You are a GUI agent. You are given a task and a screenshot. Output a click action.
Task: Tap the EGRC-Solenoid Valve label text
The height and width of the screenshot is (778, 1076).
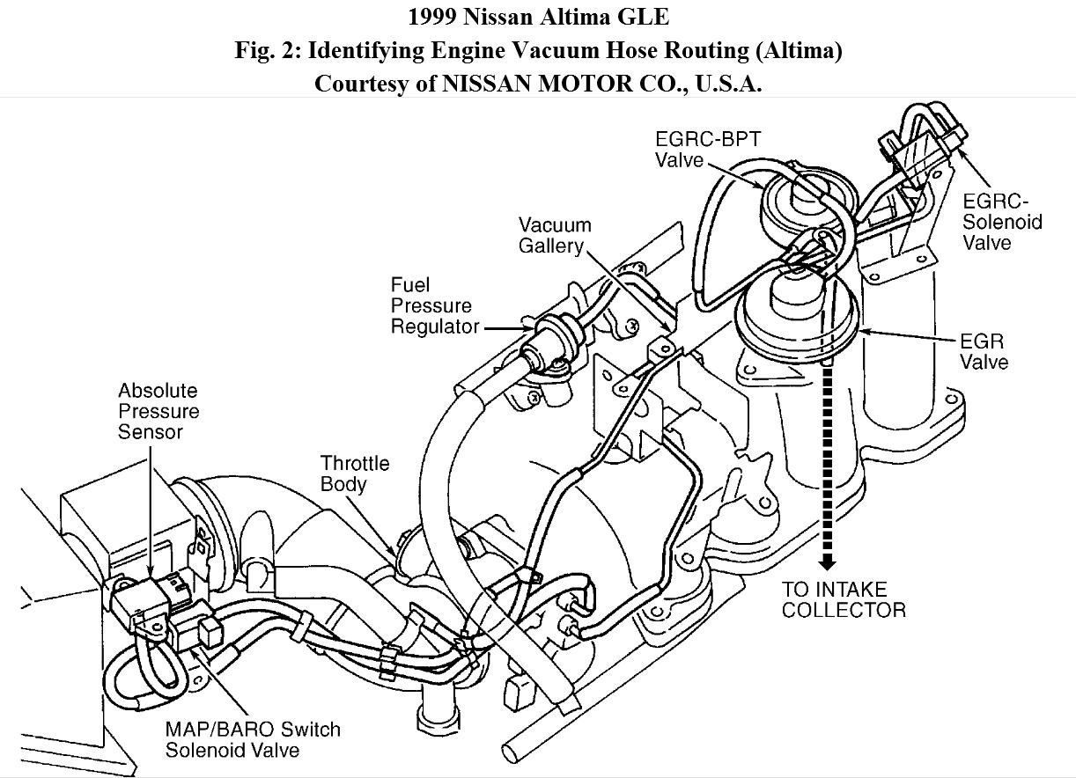(x=1001, y=221)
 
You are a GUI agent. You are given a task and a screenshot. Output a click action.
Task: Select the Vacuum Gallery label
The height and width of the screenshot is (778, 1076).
(x=554, y=235)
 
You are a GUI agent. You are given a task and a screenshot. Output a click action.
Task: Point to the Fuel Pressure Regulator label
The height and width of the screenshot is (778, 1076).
(x=434, y=306)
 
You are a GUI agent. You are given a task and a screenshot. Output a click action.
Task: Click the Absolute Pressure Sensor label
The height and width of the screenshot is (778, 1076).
(x=158, y=411)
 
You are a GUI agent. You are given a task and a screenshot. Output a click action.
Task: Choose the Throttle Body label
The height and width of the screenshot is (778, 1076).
(x=354, y=473)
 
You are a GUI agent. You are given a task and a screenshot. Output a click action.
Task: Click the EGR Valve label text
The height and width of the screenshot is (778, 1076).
(x=983, y=351)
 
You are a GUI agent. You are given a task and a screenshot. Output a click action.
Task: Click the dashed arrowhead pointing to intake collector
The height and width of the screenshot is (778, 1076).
(x=826, y=562)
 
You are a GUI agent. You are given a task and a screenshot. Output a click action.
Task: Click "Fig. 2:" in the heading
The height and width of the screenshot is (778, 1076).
(x=263, y=50)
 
